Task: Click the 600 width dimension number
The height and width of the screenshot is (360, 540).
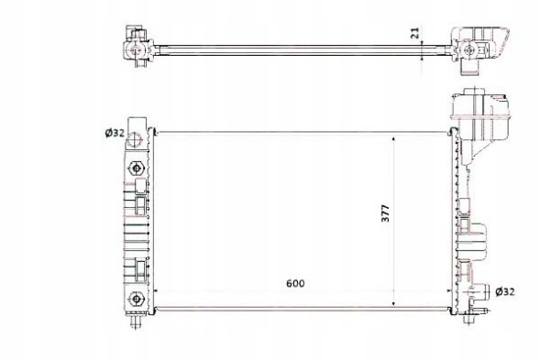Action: tap(293, 283)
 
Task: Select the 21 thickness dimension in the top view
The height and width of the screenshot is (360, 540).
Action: tap(413, 33)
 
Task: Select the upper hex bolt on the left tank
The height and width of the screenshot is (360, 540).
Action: tap(136, 168)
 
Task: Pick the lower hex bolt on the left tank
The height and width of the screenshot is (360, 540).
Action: tap(136, 297)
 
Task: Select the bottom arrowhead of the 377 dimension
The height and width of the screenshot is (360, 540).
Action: tap(393, 303)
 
